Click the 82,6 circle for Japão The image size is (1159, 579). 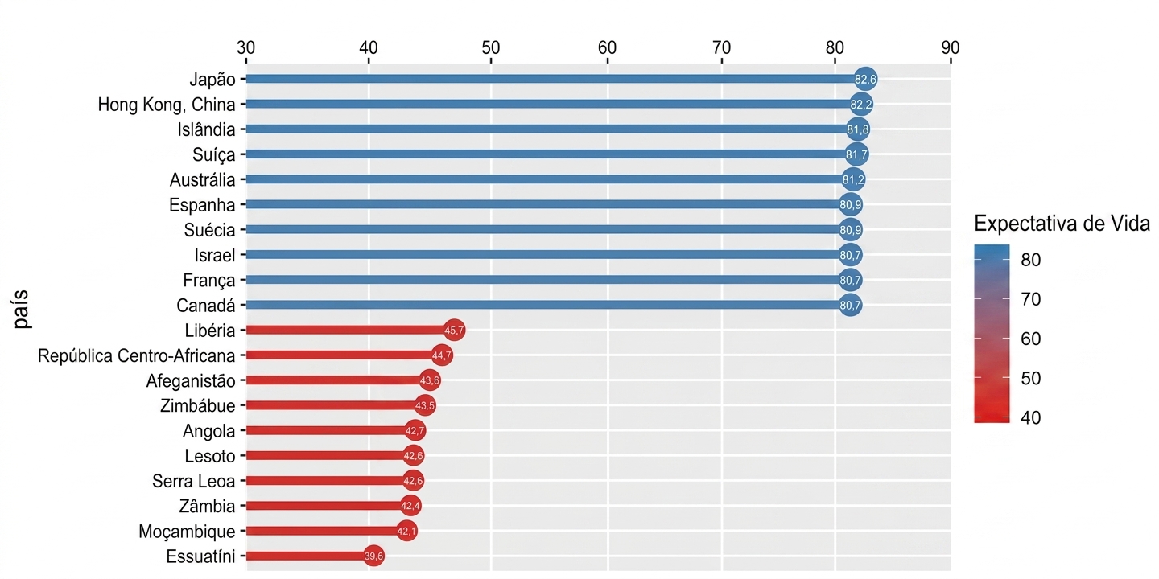(x=865, y=79)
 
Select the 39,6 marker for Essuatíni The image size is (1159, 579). (x=373, y=556)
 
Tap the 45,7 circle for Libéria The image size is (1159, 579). (x=454, y=330)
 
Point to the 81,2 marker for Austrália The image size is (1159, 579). (x=853, y=179)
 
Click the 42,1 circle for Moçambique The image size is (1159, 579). (x=406, y=531)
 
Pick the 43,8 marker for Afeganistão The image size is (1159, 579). (x=430, y=380)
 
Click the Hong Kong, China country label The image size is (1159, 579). (x=167, y=105)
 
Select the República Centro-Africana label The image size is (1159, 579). (x=137, y=355)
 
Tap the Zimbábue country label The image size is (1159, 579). (x=198, y=406)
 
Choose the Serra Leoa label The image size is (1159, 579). (x=193, y=481)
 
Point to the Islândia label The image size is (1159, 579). (x=206, y=129)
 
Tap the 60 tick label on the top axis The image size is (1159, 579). (x=608, y=48)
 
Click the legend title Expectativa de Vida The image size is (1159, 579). (x=1062, y=224)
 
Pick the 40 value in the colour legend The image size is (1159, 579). (x=1031, y=417)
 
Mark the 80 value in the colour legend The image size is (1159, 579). (x=1031, y=260)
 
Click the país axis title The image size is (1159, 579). (x=22, y=309)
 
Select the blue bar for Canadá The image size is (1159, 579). (x=548, y=305)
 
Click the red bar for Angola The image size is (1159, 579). (x=331, y=431)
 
